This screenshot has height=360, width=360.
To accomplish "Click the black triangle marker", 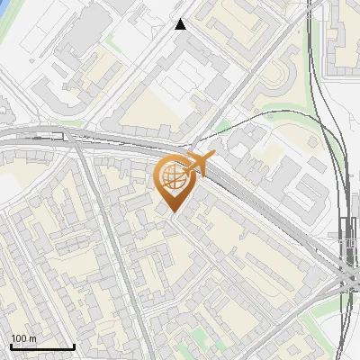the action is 181,24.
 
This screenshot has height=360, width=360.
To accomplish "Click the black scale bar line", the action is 42,346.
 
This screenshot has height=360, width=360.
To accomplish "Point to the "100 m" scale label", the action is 23,338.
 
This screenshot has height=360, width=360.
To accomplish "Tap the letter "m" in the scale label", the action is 32,338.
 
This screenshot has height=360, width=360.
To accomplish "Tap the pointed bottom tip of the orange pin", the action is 171,211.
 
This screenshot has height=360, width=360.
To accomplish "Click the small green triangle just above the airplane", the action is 222,126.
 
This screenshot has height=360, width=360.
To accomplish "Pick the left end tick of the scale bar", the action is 11,345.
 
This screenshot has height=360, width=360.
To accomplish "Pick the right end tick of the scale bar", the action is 74,345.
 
